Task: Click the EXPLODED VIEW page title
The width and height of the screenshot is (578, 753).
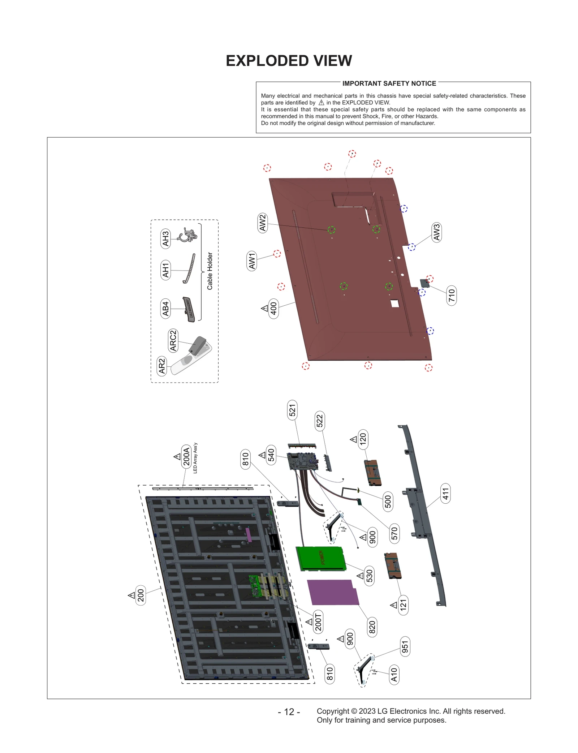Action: (289, 61)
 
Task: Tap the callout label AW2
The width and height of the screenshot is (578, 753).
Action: (263, 223)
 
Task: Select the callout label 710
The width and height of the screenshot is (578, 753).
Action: (452, 295)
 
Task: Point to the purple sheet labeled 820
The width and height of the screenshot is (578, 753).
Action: (332, 592)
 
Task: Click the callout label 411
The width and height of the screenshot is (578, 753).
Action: (446, 494)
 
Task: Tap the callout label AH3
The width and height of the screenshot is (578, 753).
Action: (165, 238)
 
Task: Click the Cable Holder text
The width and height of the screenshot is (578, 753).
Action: (210, 271)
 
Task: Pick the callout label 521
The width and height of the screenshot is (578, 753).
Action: (292, 410)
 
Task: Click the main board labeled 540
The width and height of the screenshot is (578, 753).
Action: (302, 461)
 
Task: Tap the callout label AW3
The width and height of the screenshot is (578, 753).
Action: (437, 232)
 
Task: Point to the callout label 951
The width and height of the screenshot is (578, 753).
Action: (405, 647)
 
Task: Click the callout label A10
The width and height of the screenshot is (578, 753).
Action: (394, 675)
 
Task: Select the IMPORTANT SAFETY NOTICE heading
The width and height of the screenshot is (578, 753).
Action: (389, 83)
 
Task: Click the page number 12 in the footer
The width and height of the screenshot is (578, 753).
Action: (289, 712)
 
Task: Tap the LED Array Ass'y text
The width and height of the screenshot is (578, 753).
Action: (195, 458)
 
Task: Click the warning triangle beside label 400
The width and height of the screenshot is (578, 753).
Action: (264, 308)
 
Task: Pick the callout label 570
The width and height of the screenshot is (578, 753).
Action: (394, 533)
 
